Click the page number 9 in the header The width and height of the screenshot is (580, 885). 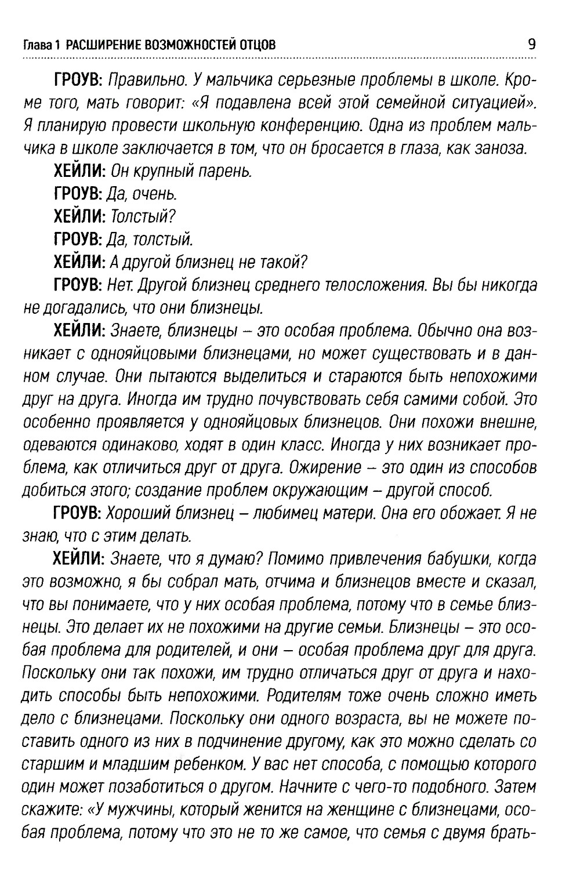[x=531, y=44]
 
